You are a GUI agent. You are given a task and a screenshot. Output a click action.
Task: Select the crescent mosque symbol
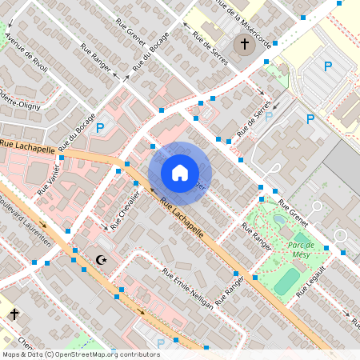(101, 259)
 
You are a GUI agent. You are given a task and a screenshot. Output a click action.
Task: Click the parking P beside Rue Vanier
(100, 127)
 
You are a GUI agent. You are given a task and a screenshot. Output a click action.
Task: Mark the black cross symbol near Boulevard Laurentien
(14, 314)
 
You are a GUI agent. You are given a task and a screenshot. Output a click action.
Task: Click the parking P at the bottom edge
(160, 344)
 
